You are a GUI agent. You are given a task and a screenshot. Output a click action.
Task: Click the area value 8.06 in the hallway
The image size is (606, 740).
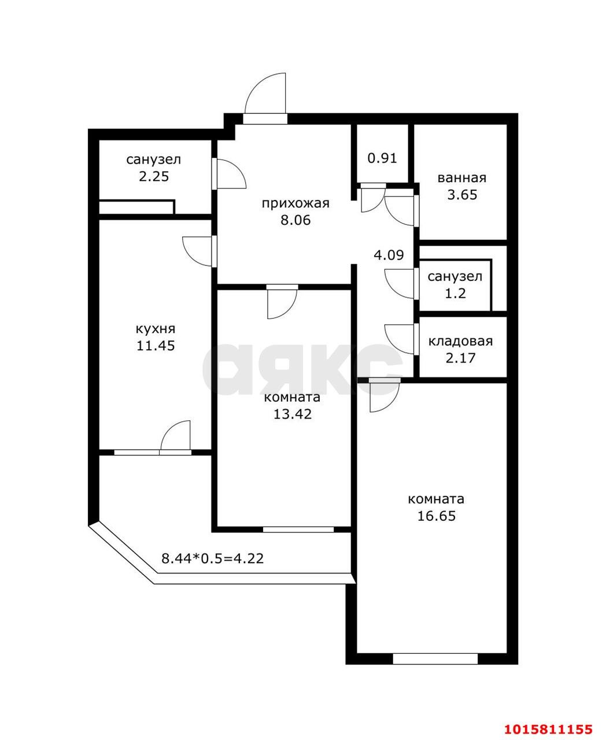(295, 220)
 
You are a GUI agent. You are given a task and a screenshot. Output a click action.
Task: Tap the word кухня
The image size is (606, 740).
(155, 329)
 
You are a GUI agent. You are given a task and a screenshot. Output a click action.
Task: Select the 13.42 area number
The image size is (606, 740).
(293, 414)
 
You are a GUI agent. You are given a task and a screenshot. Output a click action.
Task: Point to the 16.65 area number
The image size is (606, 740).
(437, 516)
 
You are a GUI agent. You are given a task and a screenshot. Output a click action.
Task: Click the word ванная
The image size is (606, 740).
(462, 178)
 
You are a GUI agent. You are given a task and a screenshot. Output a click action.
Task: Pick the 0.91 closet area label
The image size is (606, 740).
(383, 158)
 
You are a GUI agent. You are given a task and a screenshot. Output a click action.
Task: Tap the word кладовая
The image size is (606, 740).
(460, 341)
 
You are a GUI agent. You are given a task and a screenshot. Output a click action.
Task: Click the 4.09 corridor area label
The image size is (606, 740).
(388, 254)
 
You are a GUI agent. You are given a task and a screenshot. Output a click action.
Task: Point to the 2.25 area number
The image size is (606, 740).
(154, 176)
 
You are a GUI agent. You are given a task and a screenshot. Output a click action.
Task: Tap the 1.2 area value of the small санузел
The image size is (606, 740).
(455, 293)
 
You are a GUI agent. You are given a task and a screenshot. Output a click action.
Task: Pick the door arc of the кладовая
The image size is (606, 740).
(399, 339)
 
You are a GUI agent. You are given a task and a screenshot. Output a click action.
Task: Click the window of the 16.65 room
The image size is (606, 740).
(435, 658)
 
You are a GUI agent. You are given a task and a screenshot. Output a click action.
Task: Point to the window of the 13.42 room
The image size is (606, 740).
(298, 528)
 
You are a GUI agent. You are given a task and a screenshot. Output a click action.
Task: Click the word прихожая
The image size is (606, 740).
(295, 203)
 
